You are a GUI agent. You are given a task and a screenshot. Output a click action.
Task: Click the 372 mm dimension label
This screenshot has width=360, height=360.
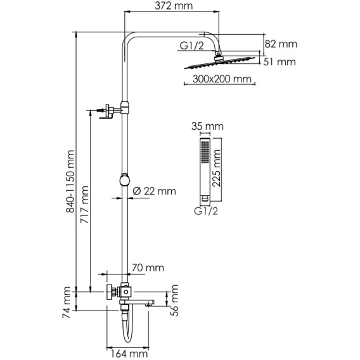174,6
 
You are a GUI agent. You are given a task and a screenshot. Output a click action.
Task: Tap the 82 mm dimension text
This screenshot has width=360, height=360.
281,44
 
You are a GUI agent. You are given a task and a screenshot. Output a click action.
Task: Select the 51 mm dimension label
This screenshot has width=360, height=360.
280,62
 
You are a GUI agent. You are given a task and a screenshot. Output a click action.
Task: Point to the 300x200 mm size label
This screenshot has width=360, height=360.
222,79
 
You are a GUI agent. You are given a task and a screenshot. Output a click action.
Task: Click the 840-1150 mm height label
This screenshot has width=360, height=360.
70,181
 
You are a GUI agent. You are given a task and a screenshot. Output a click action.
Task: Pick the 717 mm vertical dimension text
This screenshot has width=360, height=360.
84,205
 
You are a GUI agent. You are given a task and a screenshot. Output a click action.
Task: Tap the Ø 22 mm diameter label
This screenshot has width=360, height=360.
155,191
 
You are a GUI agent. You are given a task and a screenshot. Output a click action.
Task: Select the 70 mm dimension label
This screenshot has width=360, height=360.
148,267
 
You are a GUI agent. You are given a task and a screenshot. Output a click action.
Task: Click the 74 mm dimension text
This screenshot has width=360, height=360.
67,302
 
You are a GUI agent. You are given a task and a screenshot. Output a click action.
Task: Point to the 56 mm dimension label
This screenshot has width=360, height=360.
174,300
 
